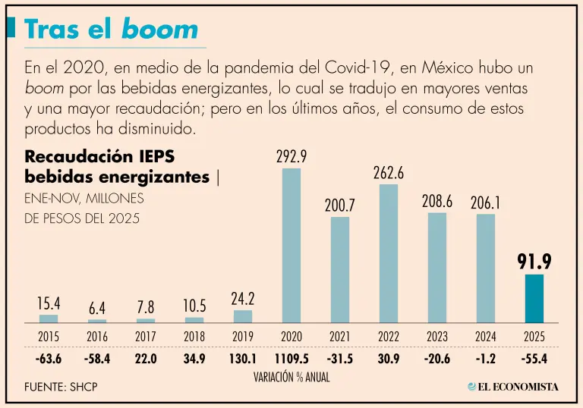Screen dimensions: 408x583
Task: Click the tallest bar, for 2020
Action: tap(291, 246)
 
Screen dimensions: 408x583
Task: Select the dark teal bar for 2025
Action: tap(534, 298)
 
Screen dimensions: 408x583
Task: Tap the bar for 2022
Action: tap(389, 253)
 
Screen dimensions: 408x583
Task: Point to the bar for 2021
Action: tap(340, 270)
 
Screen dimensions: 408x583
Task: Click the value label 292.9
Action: tap(291, 157)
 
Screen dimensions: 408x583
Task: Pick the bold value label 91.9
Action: tap(534, 262)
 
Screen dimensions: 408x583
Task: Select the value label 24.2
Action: tap(243, 298)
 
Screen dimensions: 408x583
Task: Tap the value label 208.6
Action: tap(437, 202)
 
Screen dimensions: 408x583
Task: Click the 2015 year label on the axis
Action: tap(49, 336)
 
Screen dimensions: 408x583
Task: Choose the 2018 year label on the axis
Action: tap(194, 336)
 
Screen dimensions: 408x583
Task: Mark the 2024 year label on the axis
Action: tap(486, 336)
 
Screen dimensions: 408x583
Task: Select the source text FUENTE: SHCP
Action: tap(61, 388)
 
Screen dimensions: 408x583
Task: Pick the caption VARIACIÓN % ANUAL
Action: tap(291, 377)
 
